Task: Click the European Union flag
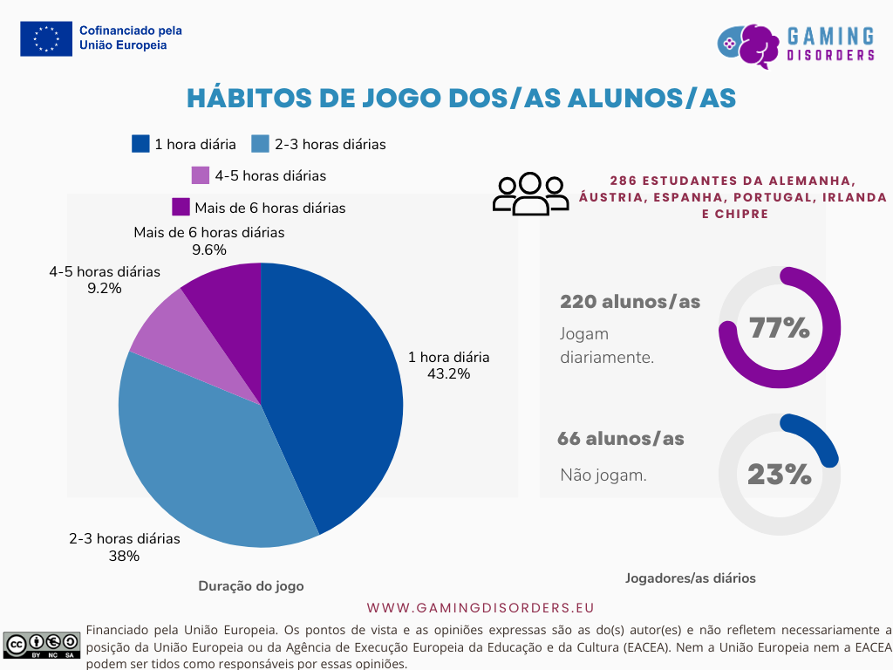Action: click(x=46, y=38)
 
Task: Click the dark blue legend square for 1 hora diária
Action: click(x=140, y=144)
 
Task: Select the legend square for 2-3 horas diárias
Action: click(x=260, y=144)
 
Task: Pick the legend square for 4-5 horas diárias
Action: click(x=201, y=175)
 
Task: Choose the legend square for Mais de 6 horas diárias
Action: click(x=181, y=208)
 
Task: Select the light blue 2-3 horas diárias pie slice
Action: click(x=201, y=454)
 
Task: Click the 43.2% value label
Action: click(x=448, y=374)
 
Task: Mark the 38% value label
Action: click(x=124, y=556)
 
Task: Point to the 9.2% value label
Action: click(x=105, y=288)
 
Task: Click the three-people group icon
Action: click(x=530, y=194)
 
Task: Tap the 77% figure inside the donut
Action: click(x=779, y=328)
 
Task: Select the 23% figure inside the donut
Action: click(x=779, y=475)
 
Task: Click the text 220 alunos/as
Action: click(x=630, y=302)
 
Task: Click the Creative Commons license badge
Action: click(x=42, y=645)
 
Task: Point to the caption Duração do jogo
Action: click(x=251, y=586)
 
